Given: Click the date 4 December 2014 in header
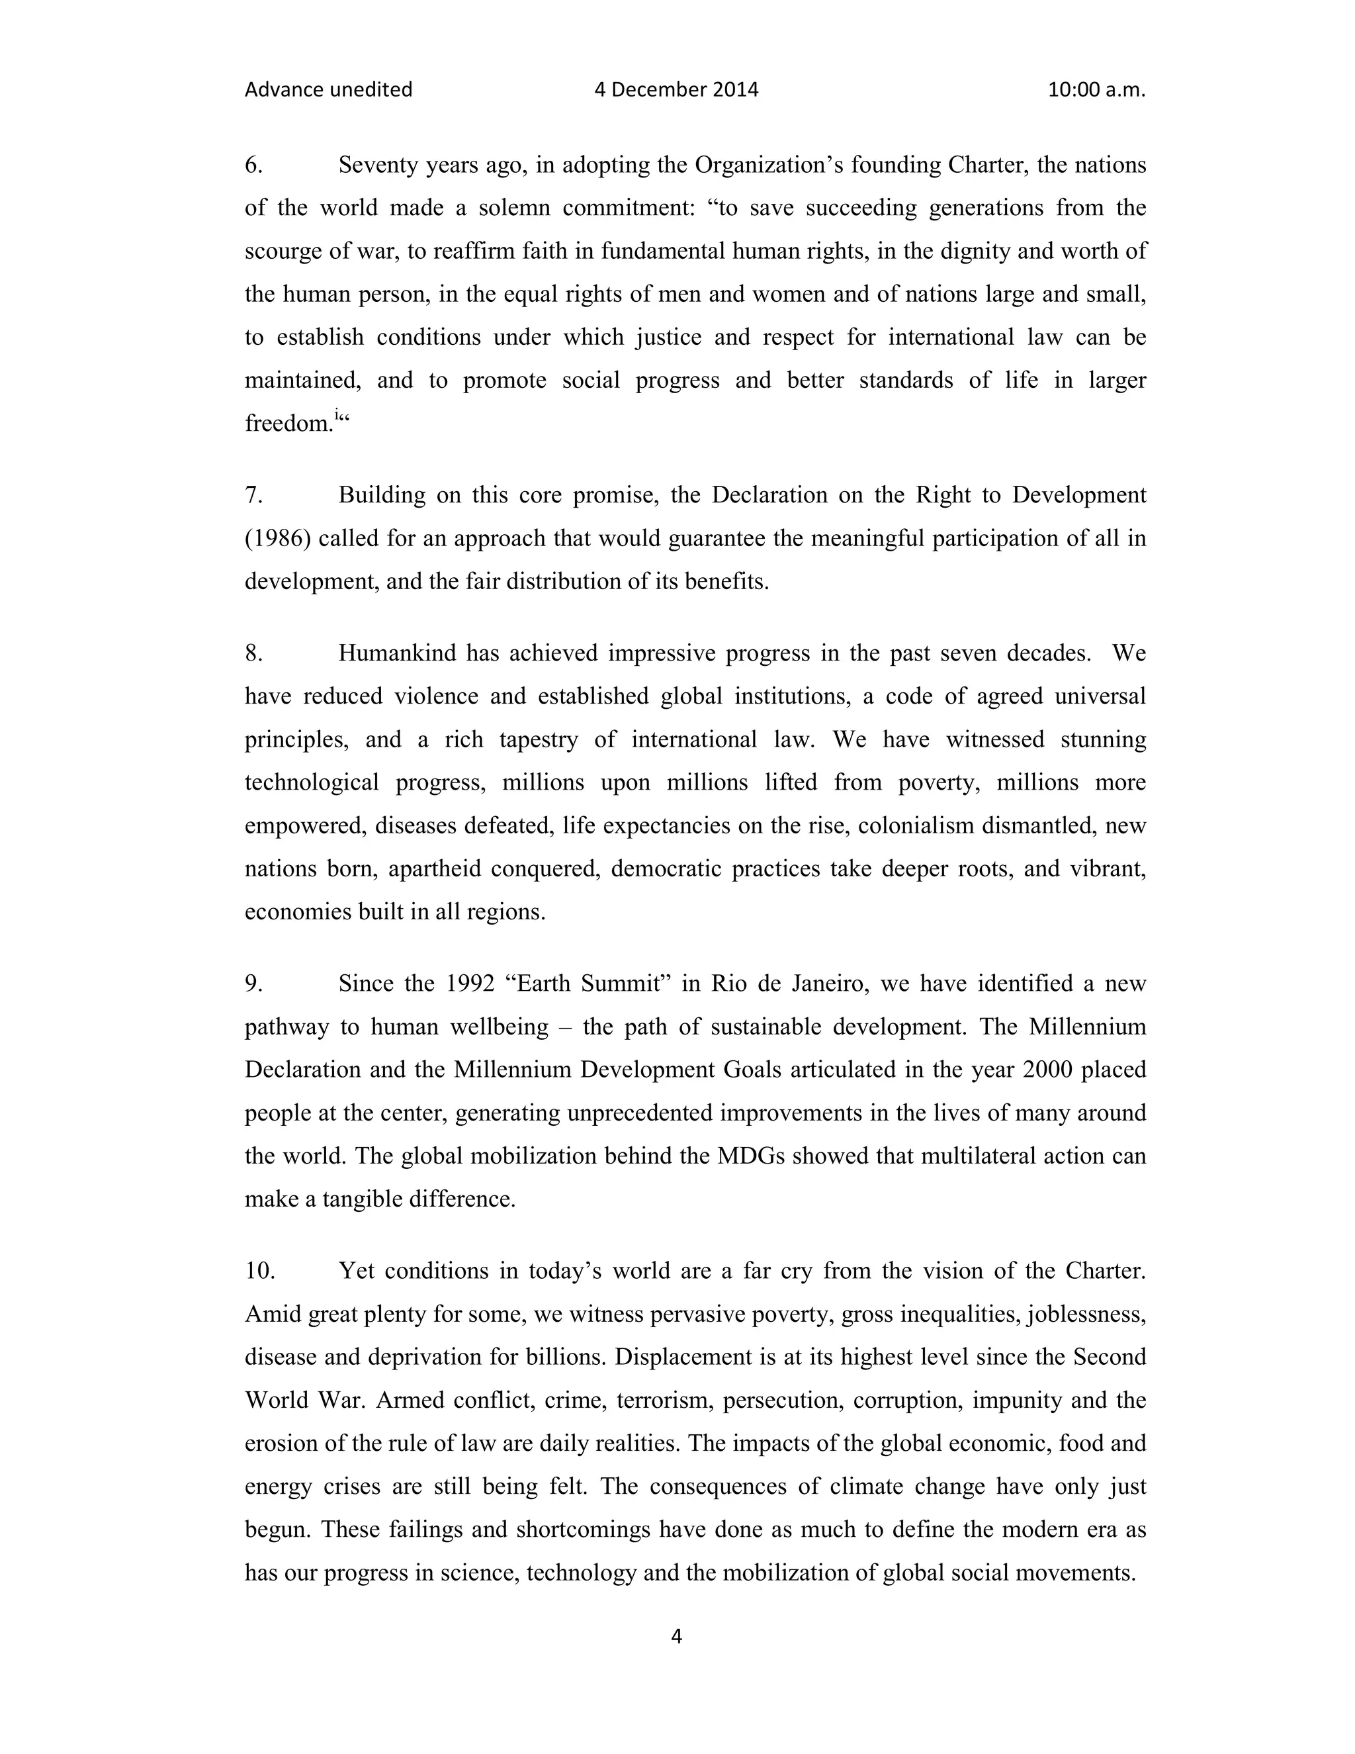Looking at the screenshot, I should click(x=676, y=90).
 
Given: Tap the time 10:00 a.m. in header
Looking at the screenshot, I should click(x=1096, y=90).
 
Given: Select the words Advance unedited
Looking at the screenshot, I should click(x=328, y=90).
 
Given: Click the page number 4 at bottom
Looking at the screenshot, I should click(x=676, y=1636).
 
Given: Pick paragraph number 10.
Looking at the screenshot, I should click(x=260, y=1271).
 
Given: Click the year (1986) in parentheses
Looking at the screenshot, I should click(x=278, y=539).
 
